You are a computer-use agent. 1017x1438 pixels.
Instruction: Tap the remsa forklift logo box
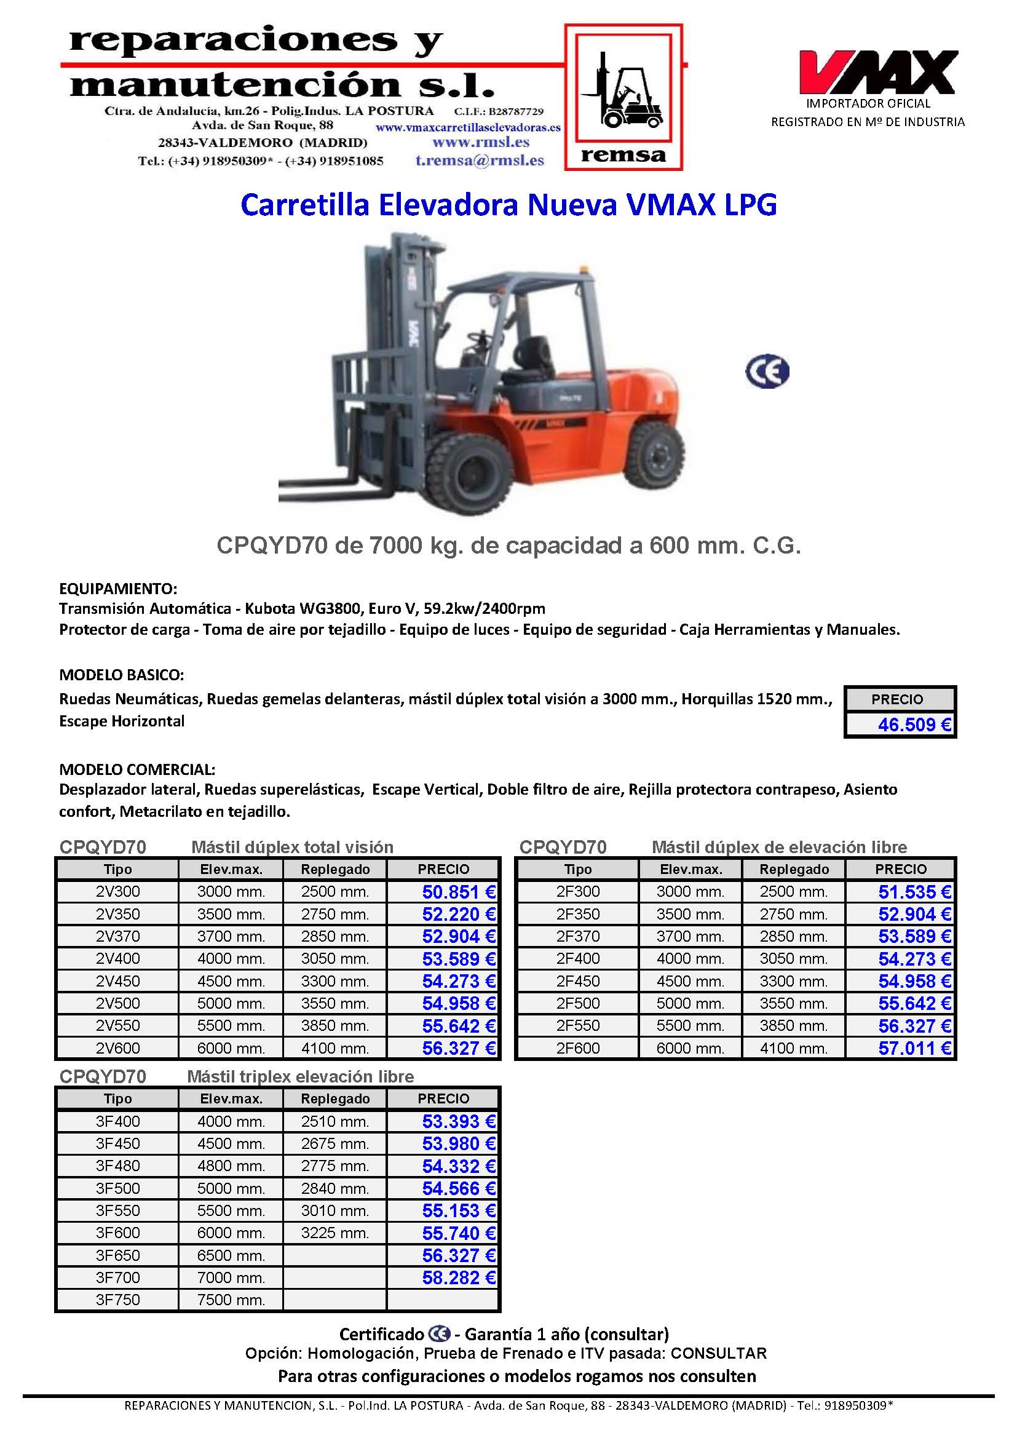pyautogui.click(x=623, y=98)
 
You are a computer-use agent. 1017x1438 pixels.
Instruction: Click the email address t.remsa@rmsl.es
pyautogui.click(x=479, y=161)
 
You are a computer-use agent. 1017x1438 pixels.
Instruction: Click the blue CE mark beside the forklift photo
pyautogui.click(x=767, y=371)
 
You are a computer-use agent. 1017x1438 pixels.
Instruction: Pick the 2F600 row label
pyautogui.click(x=577, y=1049)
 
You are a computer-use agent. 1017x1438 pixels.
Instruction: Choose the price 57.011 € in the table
pyautogui.click(x=914, y=1049)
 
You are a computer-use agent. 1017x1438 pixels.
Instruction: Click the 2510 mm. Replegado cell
pyautogui.click(x=335, y=1122)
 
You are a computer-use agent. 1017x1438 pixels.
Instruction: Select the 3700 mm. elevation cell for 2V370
pyautogui.click(x=231, y=936)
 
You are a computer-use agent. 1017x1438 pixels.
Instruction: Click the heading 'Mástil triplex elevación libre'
pyautogui.click(x=301, y=1076)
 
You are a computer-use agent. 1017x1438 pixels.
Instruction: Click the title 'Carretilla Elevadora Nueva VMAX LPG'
pyautogui.click(x=509, y=205)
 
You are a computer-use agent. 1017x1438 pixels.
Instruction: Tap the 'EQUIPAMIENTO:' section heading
pyautogui.click(x=117, y=589)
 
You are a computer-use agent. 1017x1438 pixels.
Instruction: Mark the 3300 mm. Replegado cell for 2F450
pyautogui.click(x=793, y=982)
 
